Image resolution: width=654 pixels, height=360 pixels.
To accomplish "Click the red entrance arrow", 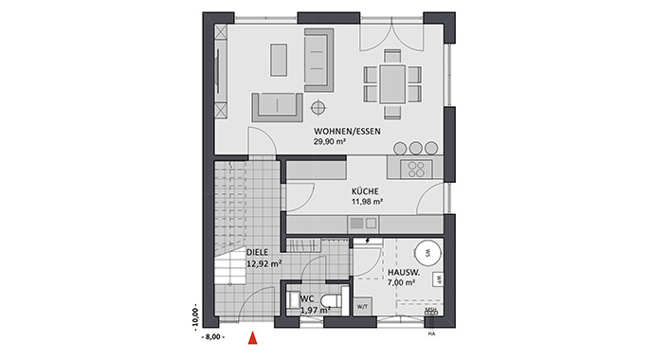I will [x=252, y=334].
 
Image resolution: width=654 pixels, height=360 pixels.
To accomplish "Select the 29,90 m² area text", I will [x=329, y=142].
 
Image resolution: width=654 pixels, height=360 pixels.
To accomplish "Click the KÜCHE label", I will [x=365, y=189].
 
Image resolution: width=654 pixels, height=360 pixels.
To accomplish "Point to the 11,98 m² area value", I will [x=365, y=201].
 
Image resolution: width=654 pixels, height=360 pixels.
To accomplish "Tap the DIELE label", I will [x=258, y=253].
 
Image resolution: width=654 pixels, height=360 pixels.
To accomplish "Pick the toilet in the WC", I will [x=326, y=300].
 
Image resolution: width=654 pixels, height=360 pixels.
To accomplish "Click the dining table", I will [x=391, y=81].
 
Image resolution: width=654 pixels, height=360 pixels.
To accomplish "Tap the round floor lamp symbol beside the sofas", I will [x=318, y=105].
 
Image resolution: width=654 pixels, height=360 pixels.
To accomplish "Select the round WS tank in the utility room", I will [x=428, y=253].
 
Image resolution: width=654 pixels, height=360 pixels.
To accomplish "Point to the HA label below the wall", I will [x=431, y=333].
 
